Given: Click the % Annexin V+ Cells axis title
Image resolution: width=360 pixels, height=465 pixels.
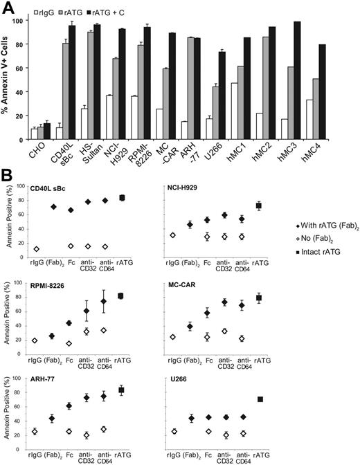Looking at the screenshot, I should tap(8, 76).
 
